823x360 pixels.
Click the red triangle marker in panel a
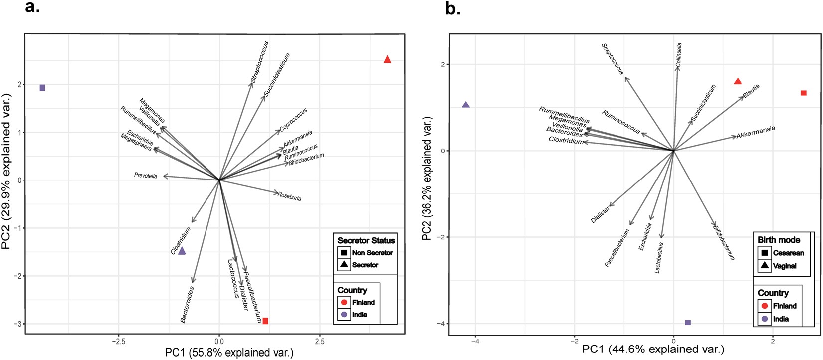(x=387, y=60)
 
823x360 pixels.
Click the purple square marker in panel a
(x=42, y=88)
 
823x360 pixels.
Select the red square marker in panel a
(x=265, y=321)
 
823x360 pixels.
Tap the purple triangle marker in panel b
(x=466, y=105)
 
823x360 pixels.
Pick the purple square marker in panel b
(x=688, y=323)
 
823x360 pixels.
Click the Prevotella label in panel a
(x=146, y=176)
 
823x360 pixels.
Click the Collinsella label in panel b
(x=679, y=55)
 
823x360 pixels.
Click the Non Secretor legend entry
(x=372, y=253)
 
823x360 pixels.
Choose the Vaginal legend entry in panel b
(x=784, y=266)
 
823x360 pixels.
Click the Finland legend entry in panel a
(x=363, y=302)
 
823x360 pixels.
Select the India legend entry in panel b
(x=780, y=319)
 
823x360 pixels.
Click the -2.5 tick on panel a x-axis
(x=118, y=342)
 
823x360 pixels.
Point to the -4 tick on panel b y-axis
(x=440, y=323)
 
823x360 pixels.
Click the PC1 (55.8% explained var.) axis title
(x=229, y=353)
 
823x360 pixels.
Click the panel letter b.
(x=453, y=9)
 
